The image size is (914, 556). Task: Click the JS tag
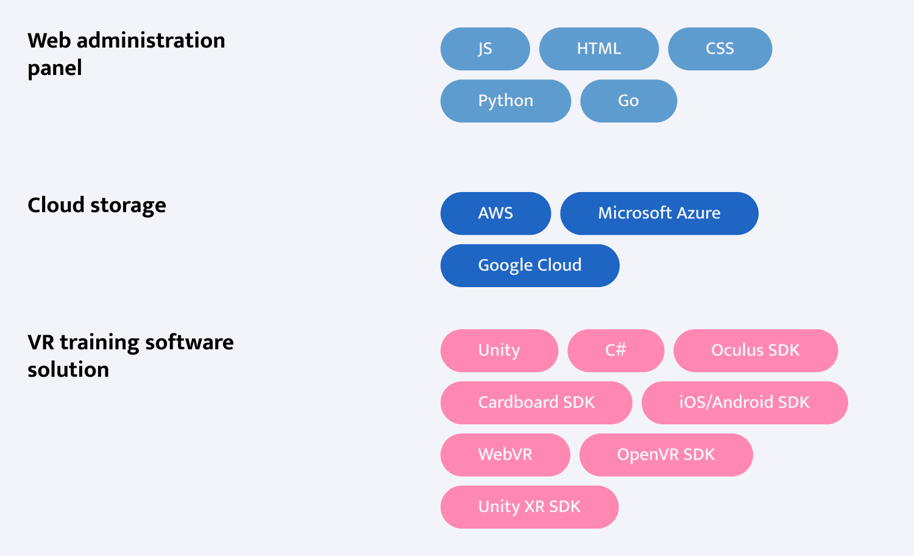(485, 49)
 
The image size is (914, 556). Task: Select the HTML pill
(598, 49)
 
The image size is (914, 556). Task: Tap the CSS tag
(720, 49)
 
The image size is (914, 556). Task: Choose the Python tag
(506, 101)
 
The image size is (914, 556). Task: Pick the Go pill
(628, 101)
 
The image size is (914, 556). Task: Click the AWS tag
(496, 213)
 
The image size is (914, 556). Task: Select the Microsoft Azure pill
(659, 213)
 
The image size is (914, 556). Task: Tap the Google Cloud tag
(530, 266)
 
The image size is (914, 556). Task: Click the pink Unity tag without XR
(499, 351)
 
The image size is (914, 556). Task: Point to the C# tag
(615, 351)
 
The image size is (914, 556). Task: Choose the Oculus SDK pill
(756, 351)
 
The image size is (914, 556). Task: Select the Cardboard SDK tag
(536, 403)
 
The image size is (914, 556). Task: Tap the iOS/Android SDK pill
(744, 403)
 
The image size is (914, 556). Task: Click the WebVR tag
(505, 455)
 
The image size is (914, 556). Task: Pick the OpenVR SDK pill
(666, 455)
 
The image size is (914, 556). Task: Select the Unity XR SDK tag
(530, 507)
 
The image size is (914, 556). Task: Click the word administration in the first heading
(151, 40)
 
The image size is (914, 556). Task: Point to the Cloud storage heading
(97, 205)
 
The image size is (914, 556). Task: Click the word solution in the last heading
(68, 369)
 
